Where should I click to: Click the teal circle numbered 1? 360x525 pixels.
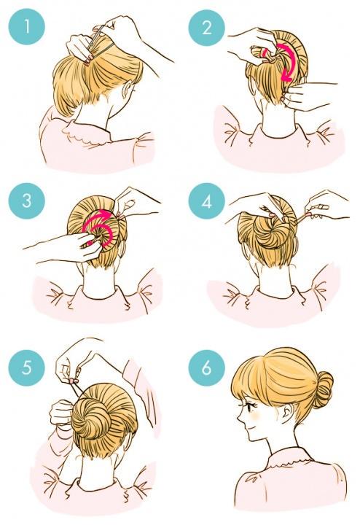pyautogui.click(x=26, y=27)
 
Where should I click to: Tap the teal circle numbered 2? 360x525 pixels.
pyautogui.click(x=206, y=27)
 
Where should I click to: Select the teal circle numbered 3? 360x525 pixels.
pyautogui.click(x=26, y=201)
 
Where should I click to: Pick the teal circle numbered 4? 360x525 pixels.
pyautogui.click(x=206, y=201)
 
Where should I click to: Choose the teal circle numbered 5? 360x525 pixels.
pyautogui.click(x=26, y=367)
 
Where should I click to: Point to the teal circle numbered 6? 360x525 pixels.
pyautogui.click(x=206, y=367)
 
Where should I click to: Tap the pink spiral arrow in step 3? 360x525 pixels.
pyautogui.click(x=99, y=227)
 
